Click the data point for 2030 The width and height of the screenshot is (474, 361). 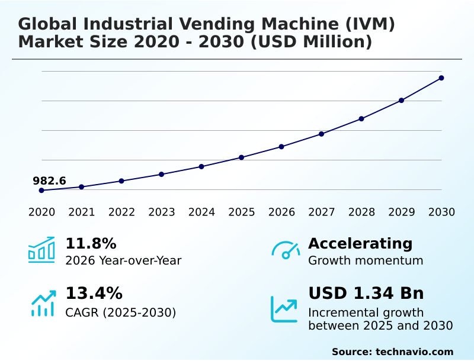click(441, 78)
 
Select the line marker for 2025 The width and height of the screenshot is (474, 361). click(242, 157)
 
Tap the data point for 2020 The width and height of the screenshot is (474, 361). click(41, 191)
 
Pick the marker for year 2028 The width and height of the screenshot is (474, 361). click(361, 119)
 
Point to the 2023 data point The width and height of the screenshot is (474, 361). click(162, 175)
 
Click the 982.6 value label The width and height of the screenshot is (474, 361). click(49, 181)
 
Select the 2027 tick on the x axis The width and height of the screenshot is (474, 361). click(322, 212)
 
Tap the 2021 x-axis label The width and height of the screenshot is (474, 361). click(82, 212)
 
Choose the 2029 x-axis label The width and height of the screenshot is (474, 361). click(402, 212)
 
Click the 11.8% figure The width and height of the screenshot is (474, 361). click(91, 244)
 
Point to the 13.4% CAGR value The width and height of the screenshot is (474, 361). click(94, 294)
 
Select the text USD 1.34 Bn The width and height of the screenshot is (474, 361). click(366, 294)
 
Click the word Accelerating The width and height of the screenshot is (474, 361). click(360, 244)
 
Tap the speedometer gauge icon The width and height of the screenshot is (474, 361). click(286, 250)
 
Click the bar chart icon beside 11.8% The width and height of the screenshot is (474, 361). click(41, 250)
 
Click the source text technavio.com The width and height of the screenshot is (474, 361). click(414, 352)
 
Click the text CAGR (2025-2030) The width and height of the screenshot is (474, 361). click(120, 312)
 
